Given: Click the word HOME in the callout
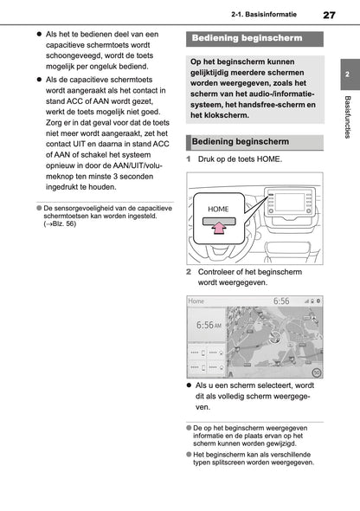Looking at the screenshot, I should click(220, 210).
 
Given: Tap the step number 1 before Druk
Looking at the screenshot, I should click(190, 159).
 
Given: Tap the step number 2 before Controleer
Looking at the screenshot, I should click(190, 271).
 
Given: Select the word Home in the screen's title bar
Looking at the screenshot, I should click(197, 302).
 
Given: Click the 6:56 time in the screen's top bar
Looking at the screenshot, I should click(281, 302).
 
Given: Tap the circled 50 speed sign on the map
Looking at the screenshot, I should click(316, 372).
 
